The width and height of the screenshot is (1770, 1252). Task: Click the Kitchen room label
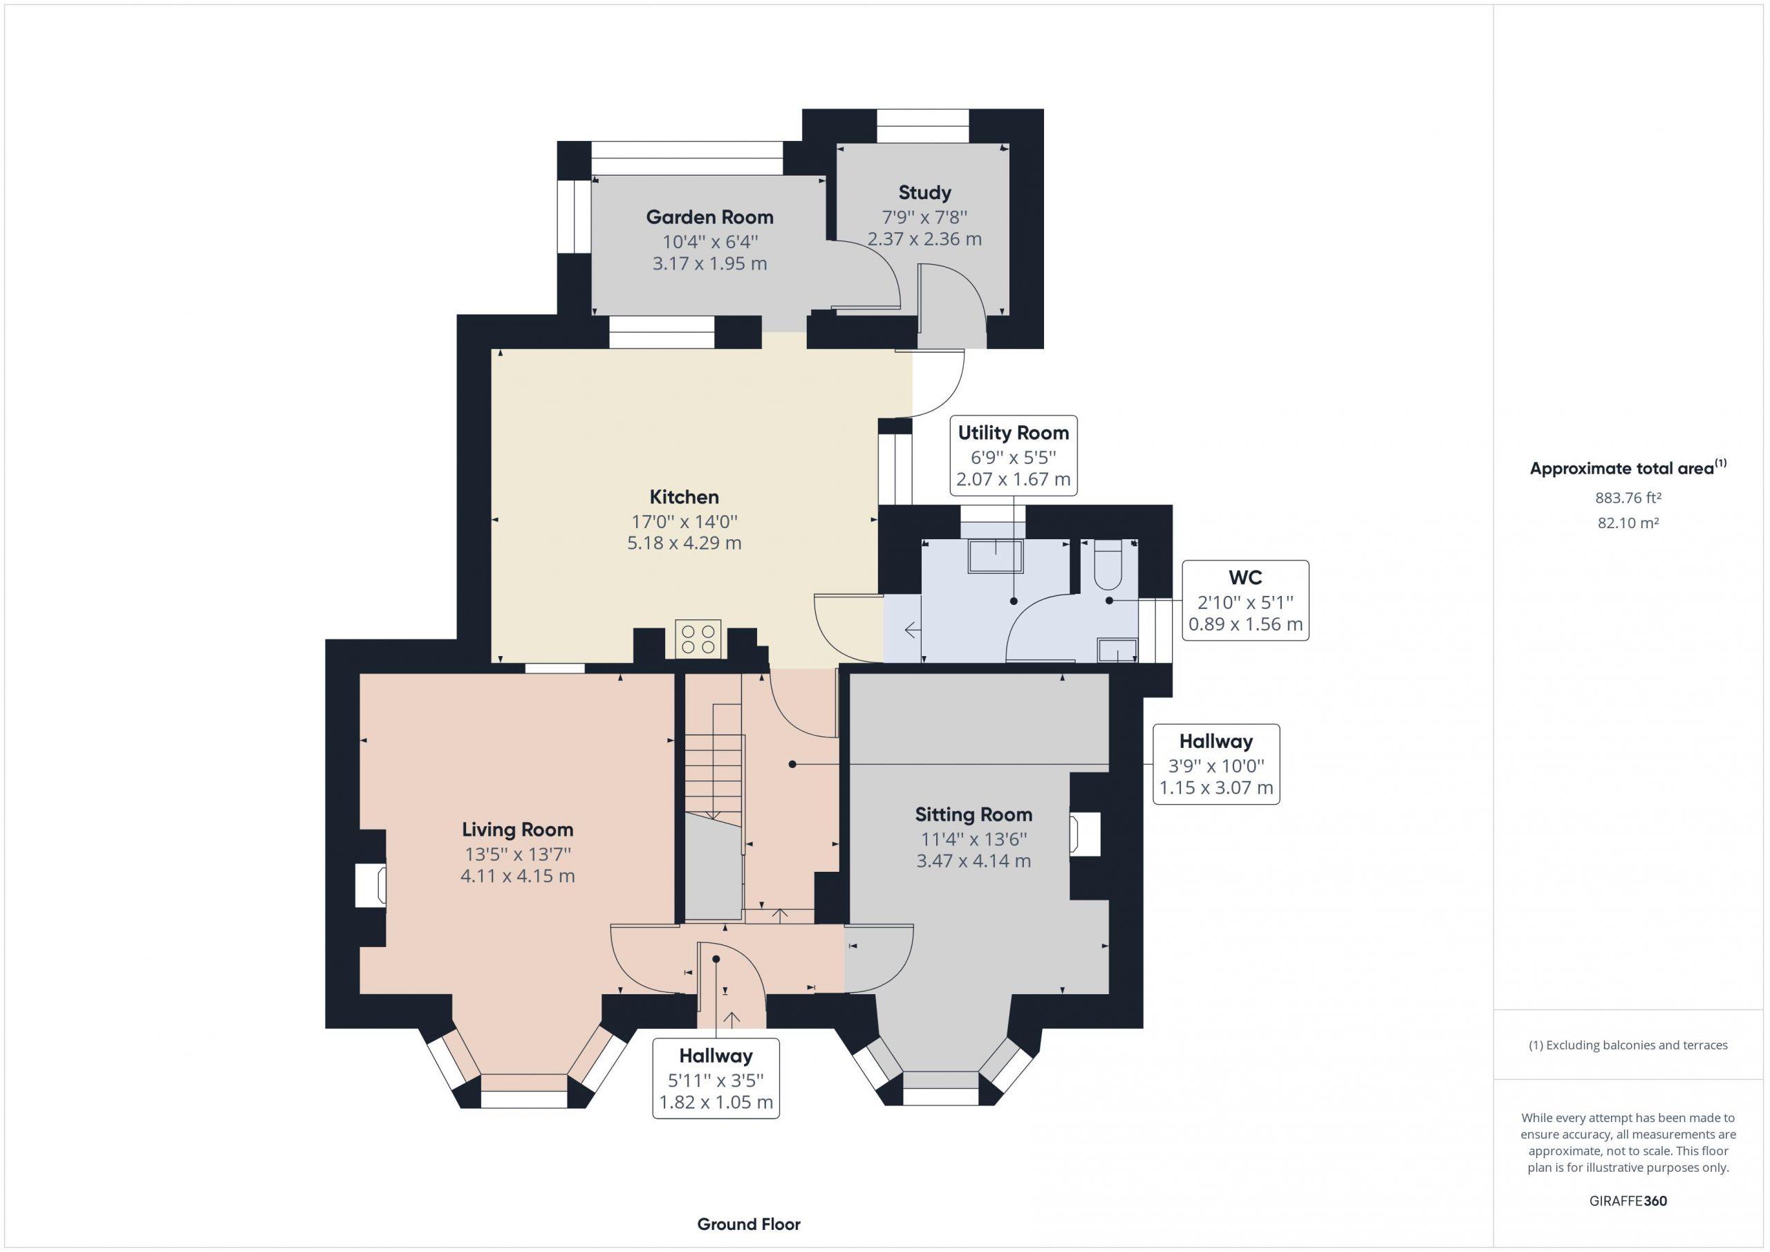684,497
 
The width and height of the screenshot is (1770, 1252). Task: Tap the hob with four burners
698,639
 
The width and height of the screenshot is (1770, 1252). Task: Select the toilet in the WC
1108,565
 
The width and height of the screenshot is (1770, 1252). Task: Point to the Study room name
924,193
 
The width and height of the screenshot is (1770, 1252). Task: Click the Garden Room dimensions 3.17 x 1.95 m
709,263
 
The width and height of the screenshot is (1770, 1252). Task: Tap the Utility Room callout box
1013,456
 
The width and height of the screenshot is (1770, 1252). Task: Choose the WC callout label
1245,601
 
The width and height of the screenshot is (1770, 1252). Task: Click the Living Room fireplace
370,885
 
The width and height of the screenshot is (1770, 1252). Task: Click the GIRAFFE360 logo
1628,1200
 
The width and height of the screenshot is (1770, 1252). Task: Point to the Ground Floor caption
749,1224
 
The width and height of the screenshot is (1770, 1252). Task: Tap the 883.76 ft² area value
1628,498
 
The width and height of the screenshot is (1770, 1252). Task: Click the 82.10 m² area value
1628,523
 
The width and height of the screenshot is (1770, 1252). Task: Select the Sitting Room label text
973,815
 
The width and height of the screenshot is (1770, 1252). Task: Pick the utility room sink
995,556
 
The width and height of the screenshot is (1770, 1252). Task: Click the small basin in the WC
1117,651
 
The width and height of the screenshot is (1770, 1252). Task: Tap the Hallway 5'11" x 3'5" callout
716,1078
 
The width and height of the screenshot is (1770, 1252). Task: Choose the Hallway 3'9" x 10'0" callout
1216,764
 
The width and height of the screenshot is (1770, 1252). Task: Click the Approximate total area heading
1628,468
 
